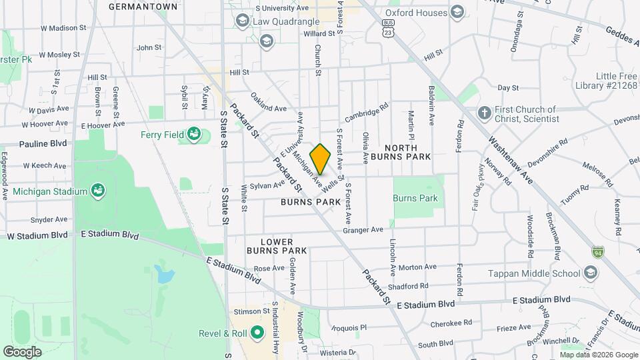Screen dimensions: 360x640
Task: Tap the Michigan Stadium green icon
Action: pyautogui.click(x=98, y=191)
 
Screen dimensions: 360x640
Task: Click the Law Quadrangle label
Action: pyautogui.click(x=286, y=21)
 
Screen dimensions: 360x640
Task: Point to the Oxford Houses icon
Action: pyautogui.click(x=457, y=12)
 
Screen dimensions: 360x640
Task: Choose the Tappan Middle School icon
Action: pyautogui.click(x=590, y=273)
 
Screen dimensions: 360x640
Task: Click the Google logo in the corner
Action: pyautogui.click(x=22, y=351)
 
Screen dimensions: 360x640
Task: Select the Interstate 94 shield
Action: pyautogui.click(x=597, y=252)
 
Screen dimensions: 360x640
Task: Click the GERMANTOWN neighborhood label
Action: pyautogui.click(x=143, y=7)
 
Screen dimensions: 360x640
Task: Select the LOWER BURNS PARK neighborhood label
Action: pyautogui.click(x=277, y=245)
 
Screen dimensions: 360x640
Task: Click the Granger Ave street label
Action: pyautogui.click(x=363, y=230)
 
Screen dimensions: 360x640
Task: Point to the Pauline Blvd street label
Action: pyautogui.click(x=43, y=143)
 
